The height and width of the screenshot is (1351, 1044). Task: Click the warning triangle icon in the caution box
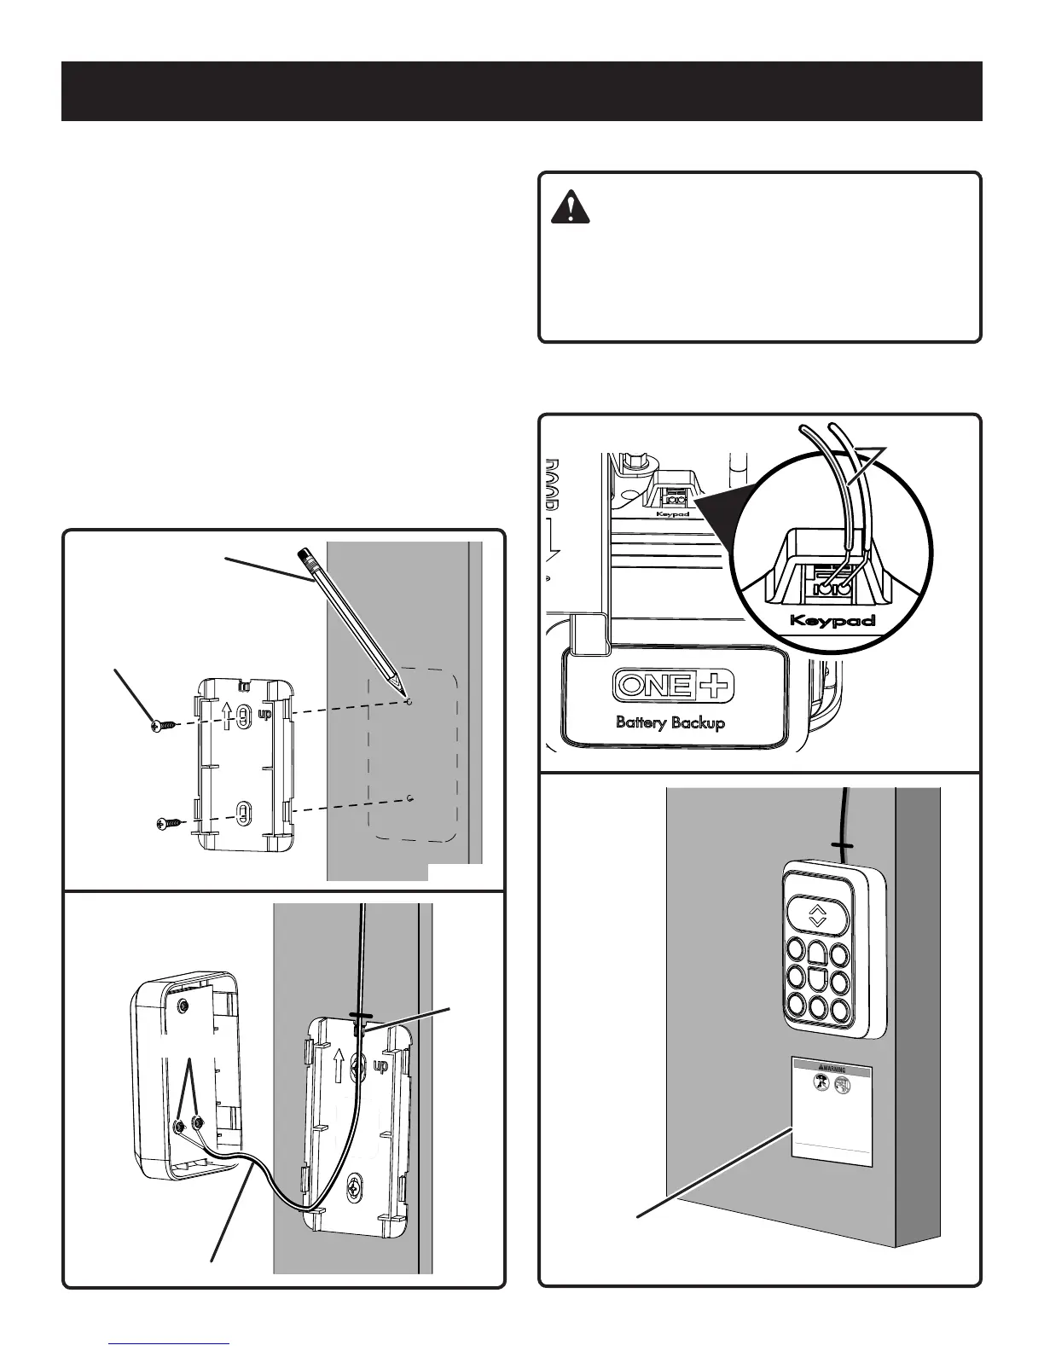564,208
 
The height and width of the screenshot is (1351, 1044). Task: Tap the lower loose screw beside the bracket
167,824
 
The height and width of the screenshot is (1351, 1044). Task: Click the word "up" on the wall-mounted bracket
380,1066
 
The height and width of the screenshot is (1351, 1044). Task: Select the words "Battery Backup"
670,722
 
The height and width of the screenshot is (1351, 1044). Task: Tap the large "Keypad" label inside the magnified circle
832,620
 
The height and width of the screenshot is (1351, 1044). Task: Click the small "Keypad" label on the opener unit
673,513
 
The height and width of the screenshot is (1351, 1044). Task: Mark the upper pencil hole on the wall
410,702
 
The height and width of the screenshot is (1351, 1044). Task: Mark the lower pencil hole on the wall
410,799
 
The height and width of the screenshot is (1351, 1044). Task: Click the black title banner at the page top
521,91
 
